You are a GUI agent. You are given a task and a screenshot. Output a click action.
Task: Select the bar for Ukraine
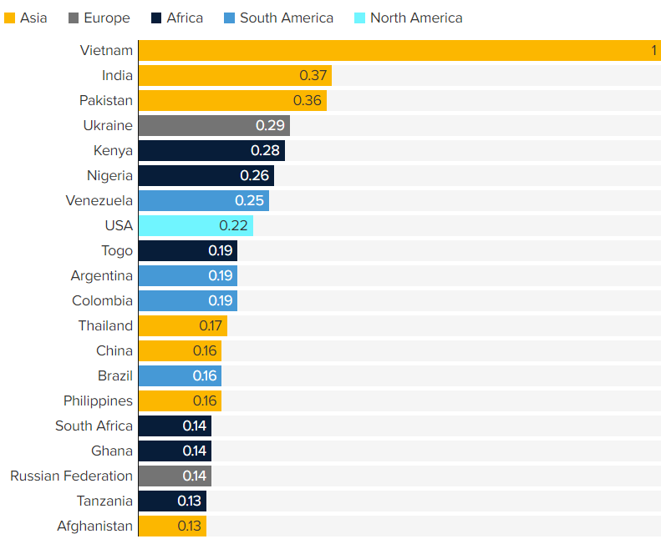(213, 126)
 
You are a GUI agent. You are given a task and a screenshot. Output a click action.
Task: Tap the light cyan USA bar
(195, 226)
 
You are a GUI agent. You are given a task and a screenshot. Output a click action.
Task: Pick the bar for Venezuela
(203, 201)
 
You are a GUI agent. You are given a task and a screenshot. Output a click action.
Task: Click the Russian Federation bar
(174, 476)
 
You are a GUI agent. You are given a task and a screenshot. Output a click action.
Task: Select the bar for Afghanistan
(171, 526)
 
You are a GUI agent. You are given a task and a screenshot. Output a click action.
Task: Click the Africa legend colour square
(155, 18)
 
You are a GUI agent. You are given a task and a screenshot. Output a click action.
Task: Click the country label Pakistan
(106, 101)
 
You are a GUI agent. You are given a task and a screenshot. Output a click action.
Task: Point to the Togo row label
(117, 251)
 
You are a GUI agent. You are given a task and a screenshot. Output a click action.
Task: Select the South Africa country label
(94, 426)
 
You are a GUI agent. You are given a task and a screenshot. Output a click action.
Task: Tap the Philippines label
(98, 401)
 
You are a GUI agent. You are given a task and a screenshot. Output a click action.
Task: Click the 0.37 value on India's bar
(313, 76)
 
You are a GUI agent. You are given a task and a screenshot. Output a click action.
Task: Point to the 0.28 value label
(265, 151)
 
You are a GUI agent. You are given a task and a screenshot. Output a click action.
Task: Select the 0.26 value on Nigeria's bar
(254, 176)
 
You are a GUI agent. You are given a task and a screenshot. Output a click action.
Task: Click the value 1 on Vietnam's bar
(653, 51)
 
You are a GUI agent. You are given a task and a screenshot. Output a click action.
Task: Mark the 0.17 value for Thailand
(210, 326)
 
